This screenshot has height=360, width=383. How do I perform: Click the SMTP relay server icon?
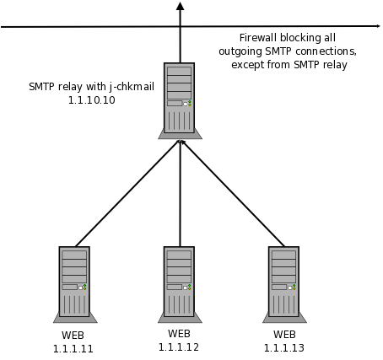(x=180, y=101)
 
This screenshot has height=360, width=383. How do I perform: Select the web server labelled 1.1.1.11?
(x=75, y=285)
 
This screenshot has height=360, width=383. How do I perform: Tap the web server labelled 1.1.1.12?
(x=180, y=285)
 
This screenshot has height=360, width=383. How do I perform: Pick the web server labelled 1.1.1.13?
(x=284, y=285)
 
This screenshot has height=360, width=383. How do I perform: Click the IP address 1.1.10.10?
(x=92, y=100)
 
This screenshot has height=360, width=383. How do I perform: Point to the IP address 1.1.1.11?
(x=73, y=349)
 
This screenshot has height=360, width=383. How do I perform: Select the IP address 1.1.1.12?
(x=179, y=347)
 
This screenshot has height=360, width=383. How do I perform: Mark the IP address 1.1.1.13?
(x=284, y=348)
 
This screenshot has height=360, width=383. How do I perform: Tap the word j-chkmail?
(x=132, y=87)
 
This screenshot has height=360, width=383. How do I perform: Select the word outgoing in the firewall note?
(x=240, y=51)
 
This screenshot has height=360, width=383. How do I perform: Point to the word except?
(x=248, y=65)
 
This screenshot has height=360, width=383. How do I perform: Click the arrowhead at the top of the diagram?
(x=180, y=6)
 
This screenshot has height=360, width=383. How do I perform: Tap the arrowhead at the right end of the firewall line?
(x=377, y=26)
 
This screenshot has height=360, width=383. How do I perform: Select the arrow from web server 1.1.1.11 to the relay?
(x=127, y=194)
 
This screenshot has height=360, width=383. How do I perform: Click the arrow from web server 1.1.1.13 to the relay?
(x=233, y=194)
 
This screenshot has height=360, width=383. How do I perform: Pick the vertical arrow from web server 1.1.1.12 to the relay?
(x=180, y=193)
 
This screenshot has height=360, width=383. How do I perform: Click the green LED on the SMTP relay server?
(x=190, y=102)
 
